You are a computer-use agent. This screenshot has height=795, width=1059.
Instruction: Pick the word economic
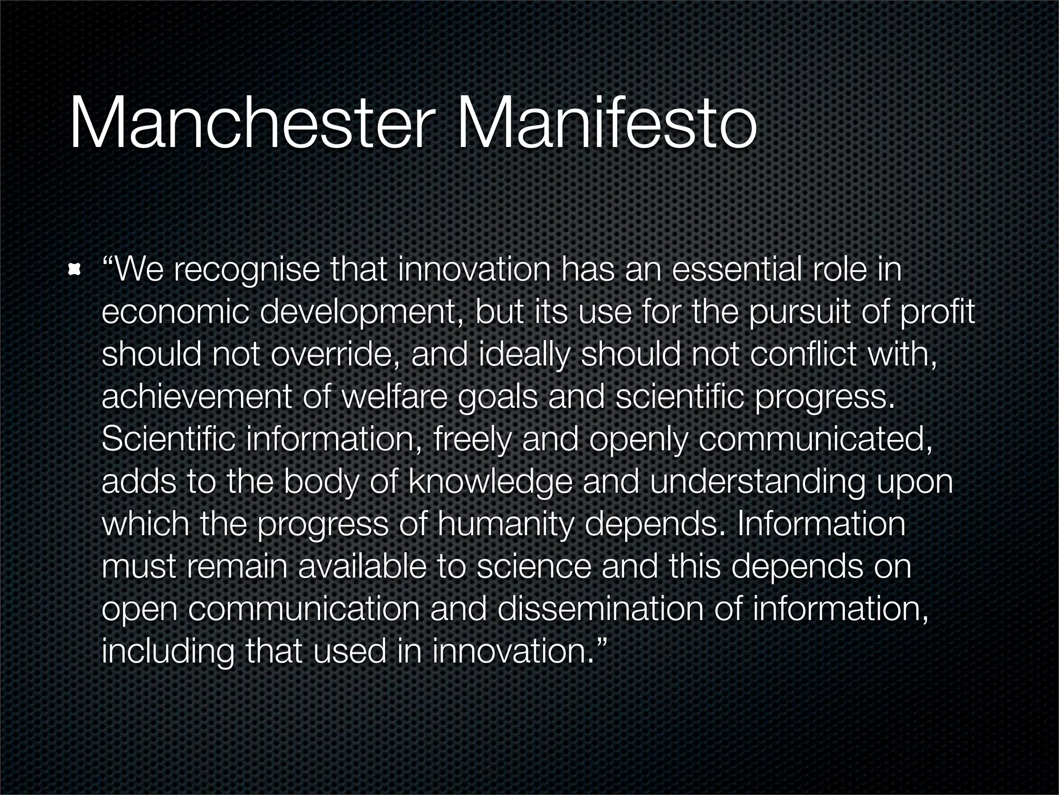tap(175, 313)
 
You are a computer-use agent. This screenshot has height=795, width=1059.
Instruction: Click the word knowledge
tap(491, 483)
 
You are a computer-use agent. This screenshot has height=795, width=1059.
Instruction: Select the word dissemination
tap(600, 609)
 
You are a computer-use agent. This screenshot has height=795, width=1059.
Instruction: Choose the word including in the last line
tap(168, 652)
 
